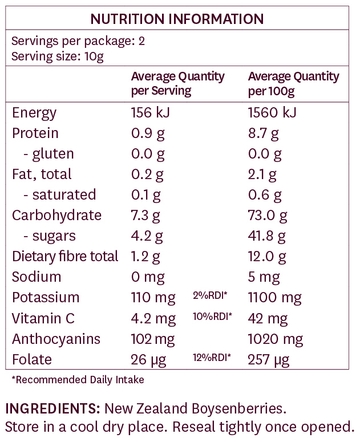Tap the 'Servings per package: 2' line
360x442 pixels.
click(x=71, y=41)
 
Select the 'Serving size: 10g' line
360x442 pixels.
click(x=57, y=56)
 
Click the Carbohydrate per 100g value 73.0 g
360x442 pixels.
click(x=270, y=215)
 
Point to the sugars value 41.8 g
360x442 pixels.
click(x=270, y=236)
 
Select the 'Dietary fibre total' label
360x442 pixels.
click(x=65, y=257)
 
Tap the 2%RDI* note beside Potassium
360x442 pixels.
click(x=211, y=296)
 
